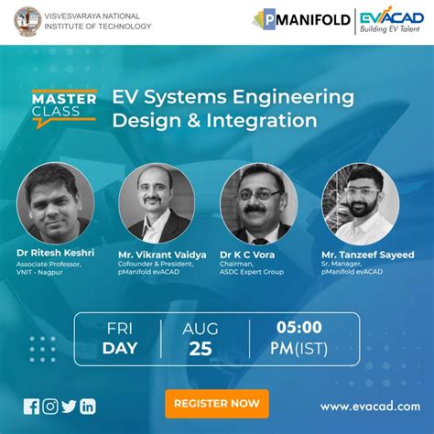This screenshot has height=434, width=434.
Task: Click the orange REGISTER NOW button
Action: (217, 403)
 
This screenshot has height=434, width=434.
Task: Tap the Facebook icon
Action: (32, 406)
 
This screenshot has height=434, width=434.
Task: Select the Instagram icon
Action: (50, 406)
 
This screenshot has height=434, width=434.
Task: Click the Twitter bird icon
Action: (69, 406)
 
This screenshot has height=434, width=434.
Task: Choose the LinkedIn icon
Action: (88, 406)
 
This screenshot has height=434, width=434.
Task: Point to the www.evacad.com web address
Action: (369, 407)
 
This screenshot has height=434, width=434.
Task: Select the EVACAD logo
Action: (388, 20)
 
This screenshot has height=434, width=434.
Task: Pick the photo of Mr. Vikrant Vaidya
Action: (154, 202)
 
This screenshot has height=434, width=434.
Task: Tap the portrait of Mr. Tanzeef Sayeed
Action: (360, 202)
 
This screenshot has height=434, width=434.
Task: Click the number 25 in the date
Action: (201, 348)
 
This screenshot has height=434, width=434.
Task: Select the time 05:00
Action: (298, 327)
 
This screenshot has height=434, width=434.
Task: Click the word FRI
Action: (119, 327)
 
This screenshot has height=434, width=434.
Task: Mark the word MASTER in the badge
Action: (64, 98)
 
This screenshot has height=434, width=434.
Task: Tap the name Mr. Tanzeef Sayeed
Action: (367, 254)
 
